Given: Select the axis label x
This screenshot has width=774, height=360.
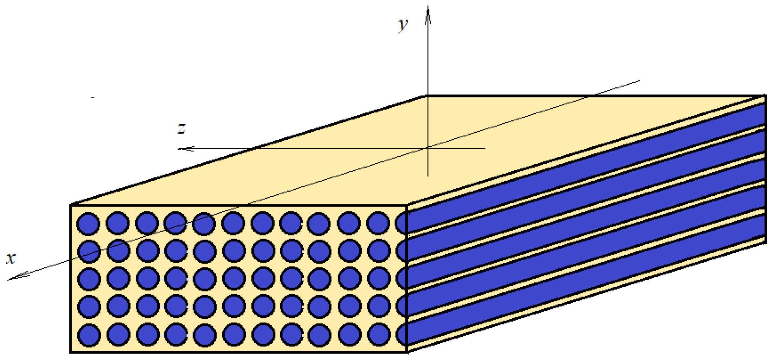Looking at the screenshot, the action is pyautogui.click(x=11, y=258).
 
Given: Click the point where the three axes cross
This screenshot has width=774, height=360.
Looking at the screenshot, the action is pyautogui.click(x=428, y=148).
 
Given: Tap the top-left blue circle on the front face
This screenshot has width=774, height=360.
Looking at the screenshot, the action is pyautogui.click(x=88, y=224).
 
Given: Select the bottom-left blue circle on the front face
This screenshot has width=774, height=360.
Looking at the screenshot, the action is pyautogui.click(x=89, y=335).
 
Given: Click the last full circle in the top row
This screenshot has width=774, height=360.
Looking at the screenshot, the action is pyautogui.click(x=378, y=223).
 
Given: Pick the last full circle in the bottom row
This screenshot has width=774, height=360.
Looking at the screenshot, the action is pyautogui.click(x=379, y=334).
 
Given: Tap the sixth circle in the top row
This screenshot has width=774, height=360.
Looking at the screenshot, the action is pyautogui.click(x=233, y=223).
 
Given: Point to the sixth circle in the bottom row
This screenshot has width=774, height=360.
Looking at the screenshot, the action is pyautogui.click(x=234, y=334).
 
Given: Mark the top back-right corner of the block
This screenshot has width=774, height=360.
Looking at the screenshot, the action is pyautogui.click(x=765, y=96).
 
